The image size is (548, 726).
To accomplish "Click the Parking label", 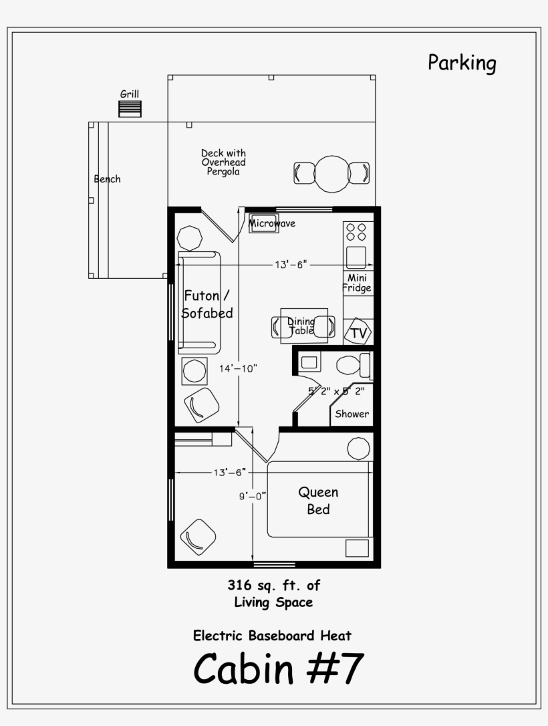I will (x=462, y=64).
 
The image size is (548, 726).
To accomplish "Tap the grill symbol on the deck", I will (x=130, y=109).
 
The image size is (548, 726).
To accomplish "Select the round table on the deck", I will (x=331, y=173).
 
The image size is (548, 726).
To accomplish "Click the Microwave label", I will (x=272, y=223).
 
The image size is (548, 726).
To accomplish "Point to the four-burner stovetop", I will (x=356, y=232).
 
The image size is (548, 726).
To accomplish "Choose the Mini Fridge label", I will (x=357, y=283).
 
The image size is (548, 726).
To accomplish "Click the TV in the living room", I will (x=358, y=332).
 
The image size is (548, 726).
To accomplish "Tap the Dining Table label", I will (x=301, y=326).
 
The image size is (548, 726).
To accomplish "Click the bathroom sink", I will (x=309, y=363).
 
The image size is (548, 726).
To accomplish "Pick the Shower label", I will (x=352, y=414).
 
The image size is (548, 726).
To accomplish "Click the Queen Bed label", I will (x=318, y=501).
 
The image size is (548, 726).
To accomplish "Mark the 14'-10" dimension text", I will (x=237, y=368).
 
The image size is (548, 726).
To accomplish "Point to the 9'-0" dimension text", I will (x=252, y=495).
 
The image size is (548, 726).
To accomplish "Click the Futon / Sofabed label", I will (x=208, y=304).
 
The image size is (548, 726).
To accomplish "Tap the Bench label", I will (x=107, y=179).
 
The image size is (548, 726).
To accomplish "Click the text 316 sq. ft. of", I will (x=273, y=586).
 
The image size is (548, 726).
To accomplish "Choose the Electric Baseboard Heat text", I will (x=272, y=635).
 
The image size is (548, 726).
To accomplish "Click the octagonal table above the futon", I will (x=189, y=237).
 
